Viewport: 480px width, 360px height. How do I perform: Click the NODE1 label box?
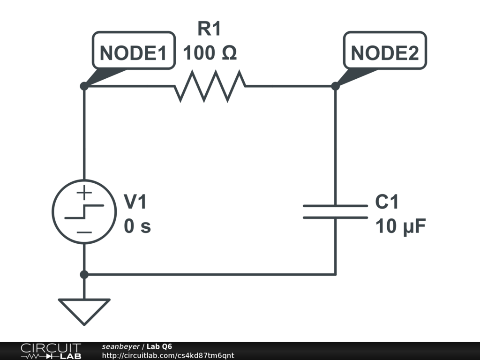point(134,51)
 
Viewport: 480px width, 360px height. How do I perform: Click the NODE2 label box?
point(385,51)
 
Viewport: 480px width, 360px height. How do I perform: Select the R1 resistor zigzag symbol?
point(210,86)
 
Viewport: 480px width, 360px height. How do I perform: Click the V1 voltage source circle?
point(84,212)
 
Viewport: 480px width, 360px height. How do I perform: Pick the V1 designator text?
point(136,202)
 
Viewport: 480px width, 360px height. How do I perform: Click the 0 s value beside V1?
point(137,227)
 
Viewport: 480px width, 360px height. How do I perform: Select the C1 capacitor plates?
point(335,212)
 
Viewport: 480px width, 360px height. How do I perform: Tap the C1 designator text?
point(387,202)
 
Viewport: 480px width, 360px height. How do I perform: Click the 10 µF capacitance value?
point(400,227)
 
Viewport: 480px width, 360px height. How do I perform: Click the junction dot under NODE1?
point(84,86)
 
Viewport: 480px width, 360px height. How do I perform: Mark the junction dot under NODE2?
point(335,86)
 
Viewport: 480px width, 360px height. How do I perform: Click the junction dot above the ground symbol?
point(84,274)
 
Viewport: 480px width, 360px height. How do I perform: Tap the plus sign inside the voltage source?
point(84,192)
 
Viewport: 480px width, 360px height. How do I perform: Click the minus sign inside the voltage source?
point(84,232)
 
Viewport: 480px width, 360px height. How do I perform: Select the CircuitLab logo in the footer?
point(51,351)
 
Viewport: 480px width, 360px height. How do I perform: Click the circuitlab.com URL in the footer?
point(168,355)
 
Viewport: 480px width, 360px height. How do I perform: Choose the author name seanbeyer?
point(120,347)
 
